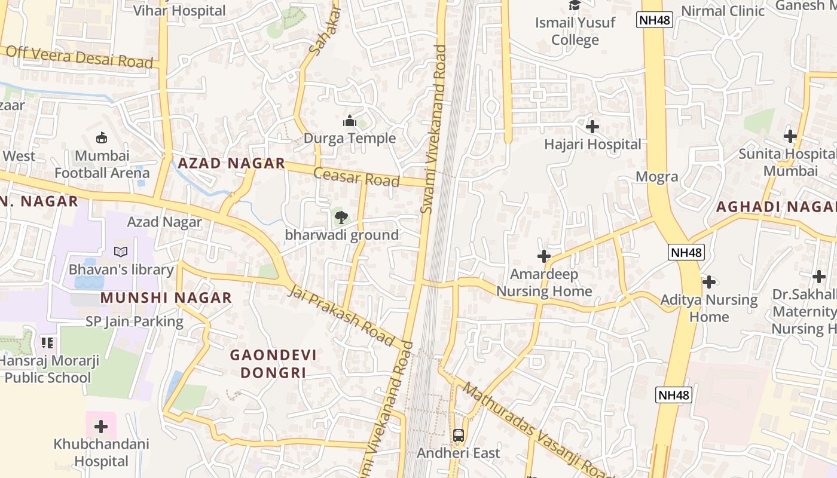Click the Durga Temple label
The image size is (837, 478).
tap(350, 139)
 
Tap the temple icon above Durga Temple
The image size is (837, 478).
tap(350, 121)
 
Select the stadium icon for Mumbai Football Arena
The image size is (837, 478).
tap(102, 138)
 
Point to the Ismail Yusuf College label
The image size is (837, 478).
tap(575, 32)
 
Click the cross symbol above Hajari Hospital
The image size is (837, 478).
tap(592, 127)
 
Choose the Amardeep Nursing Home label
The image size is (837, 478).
tap(544, 283)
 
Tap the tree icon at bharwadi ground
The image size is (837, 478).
tap(341, 217)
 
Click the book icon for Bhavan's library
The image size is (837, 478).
tap(121, 252)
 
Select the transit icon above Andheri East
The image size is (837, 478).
tap(459, 436)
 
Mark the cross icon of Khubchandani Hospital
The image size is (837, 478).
tap(101, 427)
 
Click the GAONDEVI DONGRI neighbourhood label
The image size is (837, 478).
tap(273, 364)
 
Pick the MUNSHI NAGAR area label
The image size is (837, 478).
tap(166, 298)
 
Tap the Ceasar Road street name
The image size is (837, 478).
tap(356, 177)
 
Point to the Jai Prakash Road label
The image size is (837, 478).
tap(342, 317)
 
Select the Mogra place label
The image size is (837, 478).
tap(656, 177)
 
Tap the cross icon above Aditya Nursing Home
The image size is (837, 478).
tap(709, 281)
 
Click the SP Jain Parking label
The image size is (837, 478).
tap(135, 321)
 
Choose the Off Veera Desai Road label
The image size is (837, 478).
tap(79, 57)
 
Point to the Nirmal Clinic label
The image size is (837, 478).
tap(723, 11)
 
